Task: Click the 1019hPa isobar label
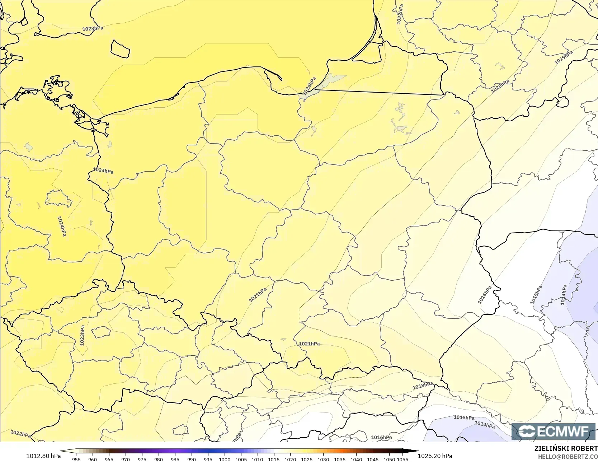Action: click(x=564, y=57)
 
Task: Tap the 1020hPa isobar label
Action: click(x=500, y=86)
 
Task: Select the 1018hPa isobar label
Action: click(x=423, y=386)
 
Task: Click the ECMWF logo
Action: click(x=553, y=431)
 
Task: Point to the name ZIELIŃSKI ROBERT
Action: click(x=566, y=449)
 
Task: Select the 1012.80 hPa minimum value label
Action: click(x=43, y=456)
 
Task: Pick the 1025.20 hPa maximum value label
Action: click(x=435, y=456)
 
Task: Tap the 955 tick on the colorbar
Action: click(x=76, y=459)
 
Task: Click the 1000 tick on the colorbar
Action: click(x=225, y=459)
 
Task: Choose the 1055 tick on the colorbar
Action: click(x=402, y=459)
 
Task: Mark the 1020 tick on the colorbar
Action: click(x=290, y=459)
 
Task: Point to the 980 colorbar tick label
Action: click(x=159, y=459)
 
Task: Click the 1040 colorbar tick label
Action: click(x=356, y=459)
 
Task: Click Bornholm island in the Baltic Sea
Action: click(x=120, y=49)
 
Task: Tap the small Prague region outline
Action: click(x=101, y=332)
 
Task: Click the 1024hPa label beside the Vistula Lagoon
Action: click(x=309, y=86)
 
